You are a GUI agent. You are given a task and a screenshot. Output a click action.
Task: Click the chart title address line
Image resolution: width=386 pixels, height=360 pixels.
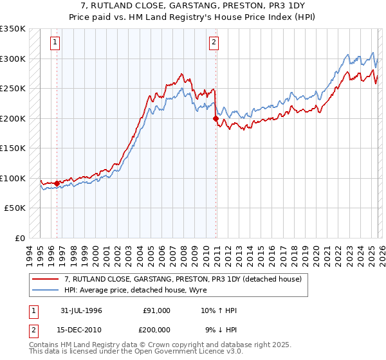click(192, 5)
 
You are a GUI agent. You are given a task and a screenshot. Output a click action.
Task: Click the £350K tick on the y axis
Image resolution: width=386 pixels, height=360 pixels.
click(13, 29)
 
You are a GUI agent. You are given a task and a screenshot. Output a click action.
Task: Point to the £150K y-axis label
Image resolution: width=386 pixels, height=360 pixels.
click(13, 148)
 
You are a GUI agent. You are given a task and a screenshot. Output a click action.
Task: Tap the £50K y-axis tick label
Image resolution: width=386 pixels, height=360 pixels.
click(15, 208)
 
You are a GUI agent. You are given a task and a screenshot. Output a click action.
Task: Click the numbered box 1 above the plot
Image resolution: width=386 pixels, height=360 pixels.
click(55, 43)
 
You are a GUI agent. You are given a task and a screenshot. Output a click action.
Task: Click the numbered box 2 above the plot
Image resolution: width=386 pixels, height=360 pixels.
click(214, 43)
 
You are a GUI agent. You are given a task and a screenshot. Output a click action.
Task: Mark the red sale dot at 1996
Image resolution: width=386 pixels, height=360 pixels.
click(57, 184)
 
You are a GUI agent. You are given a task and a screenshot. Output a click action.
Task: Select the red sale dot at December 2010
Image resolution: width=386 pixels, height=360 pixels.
click(216, 118)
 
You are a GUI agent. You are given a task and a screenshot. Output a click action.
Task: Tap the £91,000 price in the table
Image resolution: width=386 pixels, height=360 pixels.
click(156, 310)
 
